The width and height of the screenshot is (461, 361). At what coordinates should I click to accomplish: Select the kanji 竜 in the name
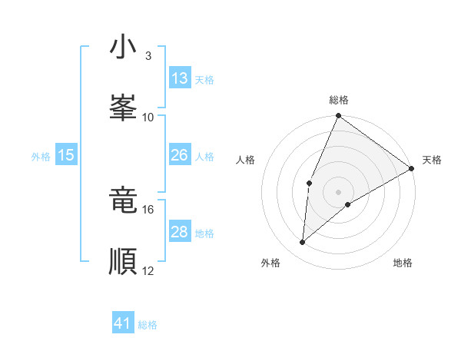coord(123,200)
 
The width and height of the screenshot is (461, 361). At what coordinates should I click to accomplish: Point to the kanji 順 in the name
coord(123,260)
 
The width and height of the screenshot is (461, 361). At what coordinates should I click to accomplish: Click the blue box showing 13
coord(180,78)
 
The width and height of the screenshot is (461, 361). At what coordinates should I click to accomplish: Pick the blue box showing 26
coord(180,155)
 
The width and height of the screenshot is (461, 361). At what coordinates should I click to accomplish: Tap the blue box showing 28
coord(180,232)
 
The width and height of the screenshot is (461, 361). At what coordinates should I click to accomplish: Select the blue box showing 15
coord(66,155)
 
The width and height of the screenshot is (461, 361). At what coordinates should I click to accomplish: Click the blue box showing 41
coord(123,323)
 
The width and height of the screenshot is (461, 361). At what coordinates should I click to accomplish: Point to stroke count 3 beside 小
coord(148,55)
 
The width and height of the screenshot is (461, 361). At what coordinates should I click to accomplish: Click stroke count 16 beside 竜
coord(148,209)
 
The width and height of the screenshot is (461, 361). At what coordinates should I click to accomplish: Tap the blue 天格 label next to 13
coord(204,79)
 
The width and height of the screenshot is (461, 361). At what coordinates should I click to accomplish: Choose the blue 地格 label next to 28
coord(204,233)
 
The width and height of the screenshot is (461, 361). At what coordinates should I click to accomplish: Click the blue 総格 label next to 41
coord(148,325)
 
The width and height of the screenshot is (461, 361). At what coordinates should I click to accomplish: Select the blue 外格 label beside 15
coord(41,156)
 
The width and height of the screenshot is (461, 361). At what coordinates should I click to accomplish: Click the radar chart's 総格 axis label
coord(339,100)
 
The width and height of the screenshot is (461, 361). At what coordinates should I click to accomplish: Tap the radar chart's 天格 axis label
coord(432,160)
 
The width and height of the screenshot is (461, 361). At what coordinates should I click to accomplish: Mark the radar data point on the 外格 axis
coord(303,243)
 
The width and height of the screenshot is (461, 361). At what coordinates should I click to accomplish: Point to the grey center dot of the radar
coord(339,192)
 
